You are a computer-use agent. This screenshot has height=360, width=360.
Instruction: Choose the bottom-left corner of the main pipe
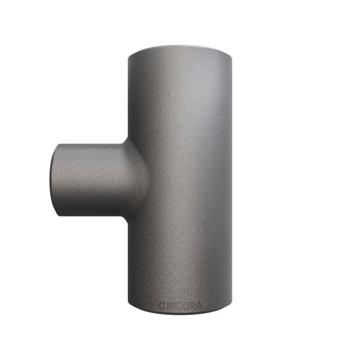[x=129, y=307]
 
